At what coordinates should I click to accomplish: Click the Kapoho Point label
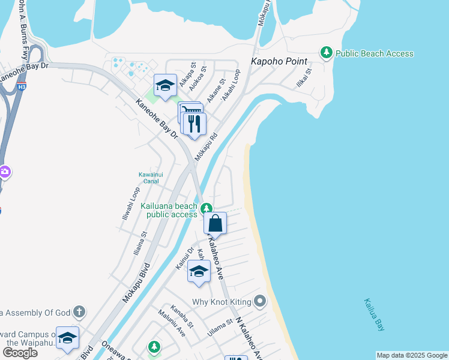(279, 61)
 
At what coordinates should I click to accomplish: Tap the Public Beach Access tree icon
(327, 53)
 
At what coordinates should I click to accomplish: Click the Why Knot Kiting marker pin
(259, 301)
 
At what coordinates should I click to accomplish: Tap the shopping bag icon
(215, 224)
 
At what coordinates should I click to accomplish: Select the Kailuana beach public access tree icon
(206, 209)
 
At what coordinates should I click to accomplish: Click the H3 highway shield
(22, 86)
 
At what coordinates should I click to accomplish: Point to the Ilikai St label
(304, 78)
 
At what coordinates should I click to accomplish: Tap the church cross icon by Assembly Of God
(79, 311)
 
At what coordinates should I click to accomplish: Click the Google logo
(20, 353)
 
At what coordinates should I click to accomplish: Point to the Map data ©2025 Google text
(412, 355)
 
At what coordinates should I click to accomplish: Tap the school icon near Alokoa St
(164, 85)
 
